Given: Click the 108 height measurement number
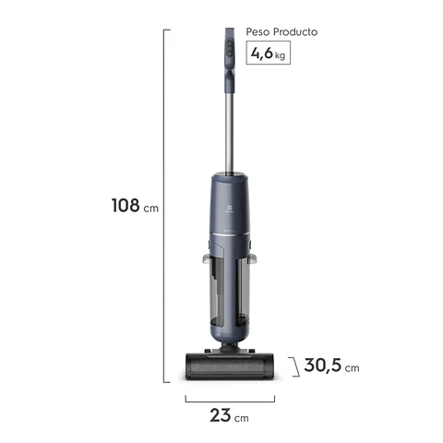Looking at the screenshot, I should point(125,205).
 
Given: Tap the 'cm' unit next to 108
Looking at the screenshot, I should point(151,209).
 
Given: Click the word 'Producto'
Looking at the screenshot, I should point(295,31).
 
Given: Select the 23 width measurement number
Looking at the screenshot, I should point(221,415).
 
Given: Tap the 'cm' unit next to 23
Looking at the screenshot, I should point(241,418).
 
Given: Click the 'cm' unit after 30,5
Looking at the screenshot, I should point(352,367).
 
